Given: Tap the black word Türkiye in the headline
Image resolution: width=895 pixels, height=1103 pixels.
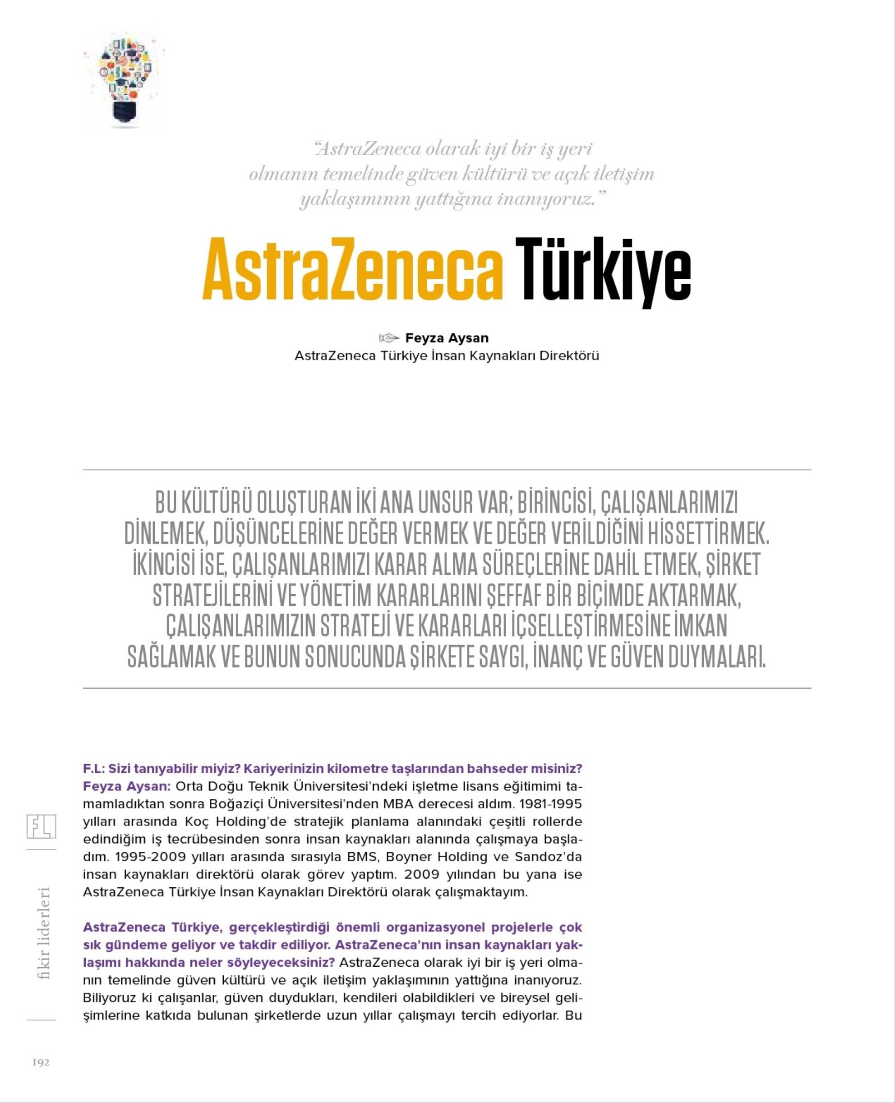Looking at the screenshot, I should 604,270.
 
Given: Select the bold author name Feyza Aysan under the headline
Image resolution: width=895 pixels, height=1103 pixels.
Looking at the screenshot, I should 447,338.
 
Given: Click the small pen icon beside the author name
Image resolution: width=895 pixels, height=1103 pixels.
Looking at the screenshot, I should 389,338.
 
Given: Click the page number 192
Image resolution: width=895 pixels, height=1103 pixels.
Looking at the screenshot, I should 41,1062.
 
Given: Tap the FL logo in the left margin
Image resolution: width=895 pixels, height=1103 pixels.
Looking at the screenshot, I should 41,826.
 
